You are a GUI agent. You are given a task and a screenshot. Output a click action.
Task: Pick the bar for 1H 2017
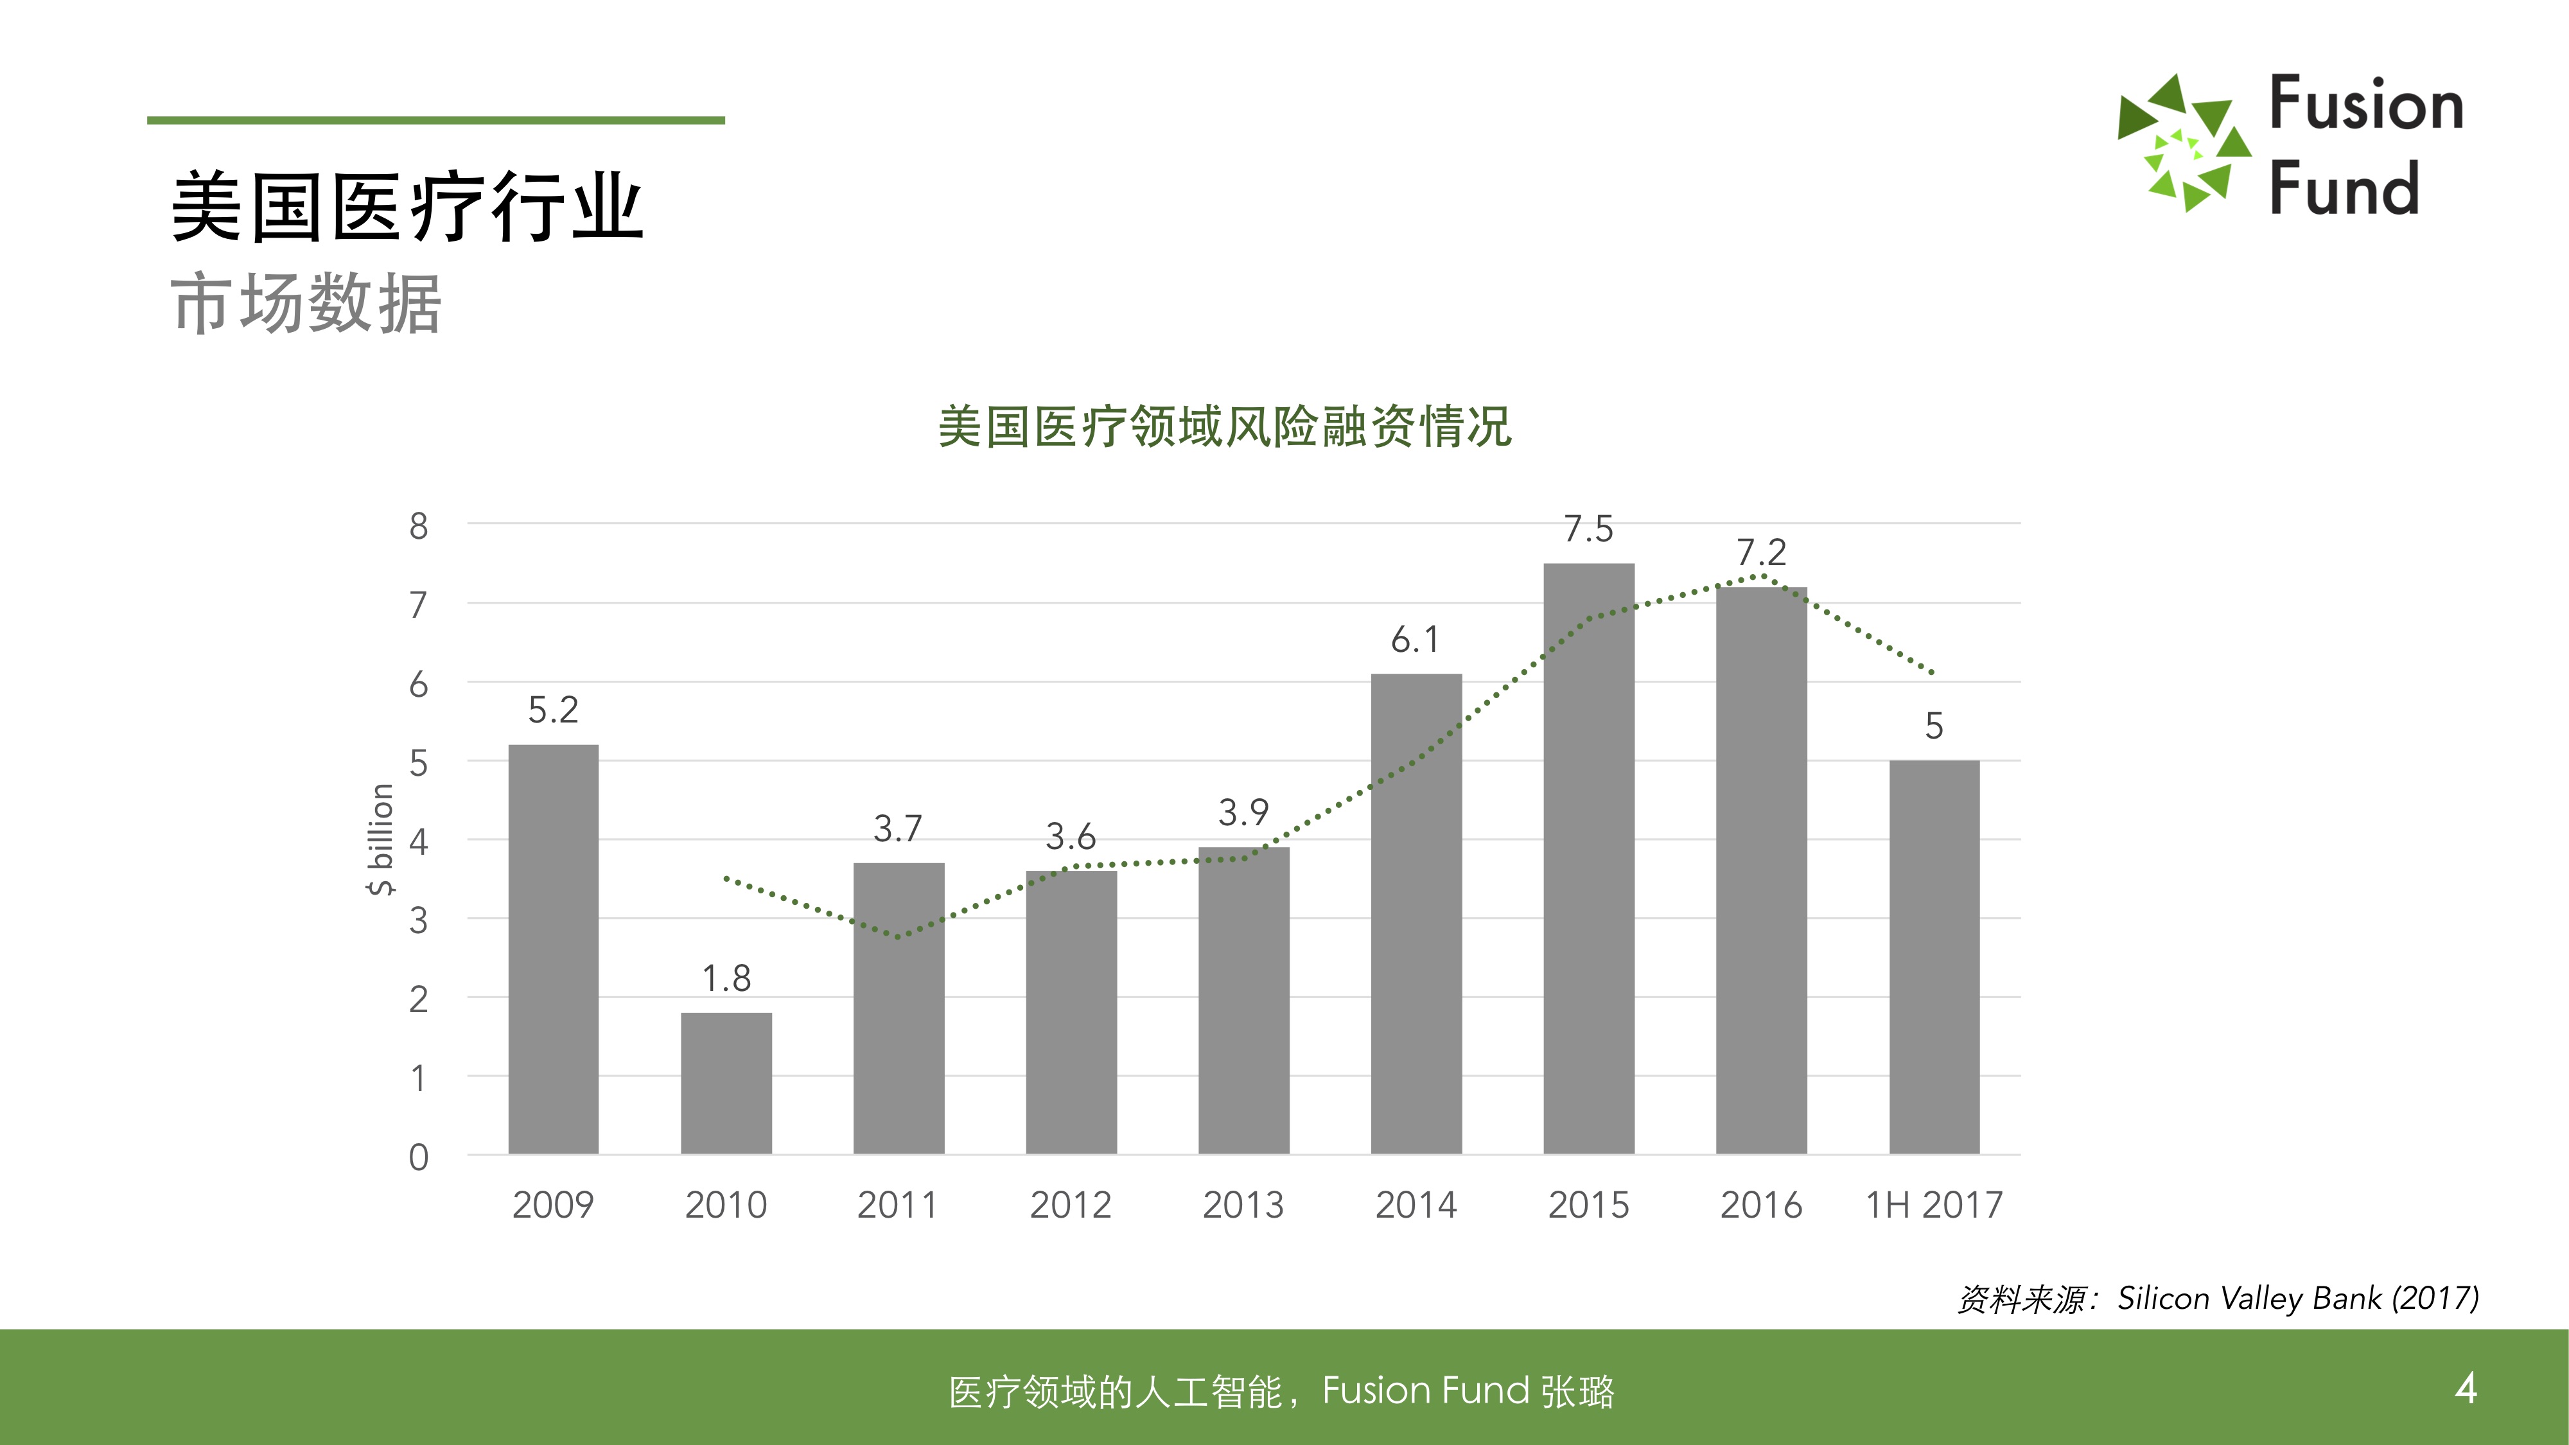(x=1934, y=958)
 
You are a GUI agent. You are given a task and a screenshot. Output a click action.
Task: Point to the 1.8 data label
(x=726, y=978)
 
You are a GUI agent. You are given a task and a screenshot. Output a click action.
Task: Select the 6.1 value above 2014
(x=1415, y=639)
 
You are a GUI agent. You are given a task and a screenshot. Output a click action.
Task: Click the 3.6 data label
(x=1070, y=836)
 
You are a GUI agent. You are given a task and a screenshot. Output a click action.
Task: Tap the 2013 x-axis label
(x=1243, y=1205)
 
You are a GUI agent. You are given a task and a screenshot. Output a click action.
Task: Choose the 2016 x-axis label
(x=1761, y=1205)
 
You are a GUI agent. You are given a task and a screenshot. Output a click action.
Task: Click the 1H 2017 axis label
(x=1934, y=1205)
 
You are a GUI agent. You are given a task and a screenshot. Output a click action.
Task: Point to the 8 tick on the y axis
(x=419, y=525)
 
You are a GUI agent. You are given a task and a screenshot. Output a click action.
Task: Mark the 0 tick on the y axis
(x=419, y=1157)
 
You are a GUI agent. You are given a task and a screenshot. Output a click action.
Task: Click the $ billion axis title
(x=381, y=839)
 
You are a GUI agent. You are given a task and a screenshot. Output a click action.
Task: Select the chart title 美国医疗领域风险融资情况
(x=1225, y=427)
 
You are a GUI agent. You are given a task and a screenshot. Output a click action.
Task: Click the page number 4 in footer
(x=2466, y=1387)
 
